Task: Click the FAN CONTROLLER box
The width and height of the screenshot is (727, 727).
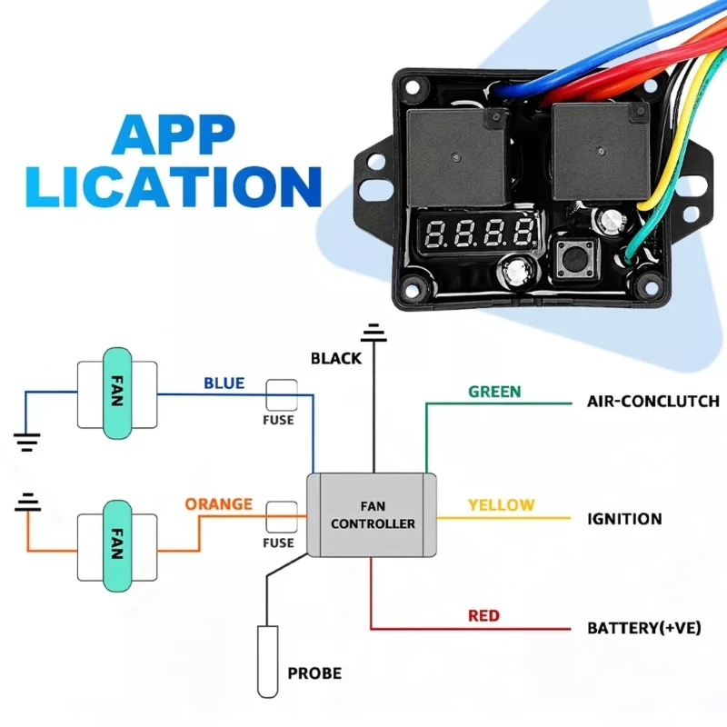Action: [x=373, y=515]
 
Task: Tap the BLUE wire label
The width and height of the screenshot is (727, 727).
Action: [x=224, y=383]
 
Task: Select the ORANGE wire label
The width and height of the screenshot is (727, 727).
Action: [x=218, y=503]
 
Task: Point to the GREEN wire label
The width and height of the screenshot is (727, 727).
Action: [x=494, y=392]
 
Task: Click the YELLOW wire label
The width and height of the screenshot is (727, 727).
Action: [x=501, y=504]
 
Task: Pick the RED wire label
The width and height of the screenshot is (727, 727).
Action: [x=483, y=615]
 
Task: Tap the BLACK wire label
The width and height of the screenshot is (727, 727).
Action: [x=336, y=358]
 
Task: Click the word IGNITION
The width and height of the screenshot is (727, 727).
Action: [x=624, y=519]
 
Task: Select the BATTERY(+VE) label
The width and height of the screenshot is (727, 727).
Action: [x=643, y=628]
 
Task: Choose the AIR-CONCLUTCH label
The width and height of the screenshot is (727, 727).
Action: [x=653, y=401]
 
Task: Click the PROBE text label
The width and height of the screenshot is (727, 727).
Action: [x=314, y=673]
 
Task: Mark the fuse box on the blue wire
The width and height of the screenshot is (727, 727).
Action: [x=281, y=394]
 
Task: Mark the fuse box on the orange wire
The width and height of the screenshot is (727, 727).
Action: [x=281, y=515]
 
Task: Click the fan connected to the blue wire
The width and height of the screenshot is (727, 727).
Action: [x=116, y=393]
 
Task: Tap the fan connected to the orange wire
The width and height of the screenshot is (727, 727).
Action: [x=116, y=544]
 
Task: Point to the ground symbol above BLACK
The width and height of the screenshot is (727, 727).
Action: [x=373, y=332]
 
